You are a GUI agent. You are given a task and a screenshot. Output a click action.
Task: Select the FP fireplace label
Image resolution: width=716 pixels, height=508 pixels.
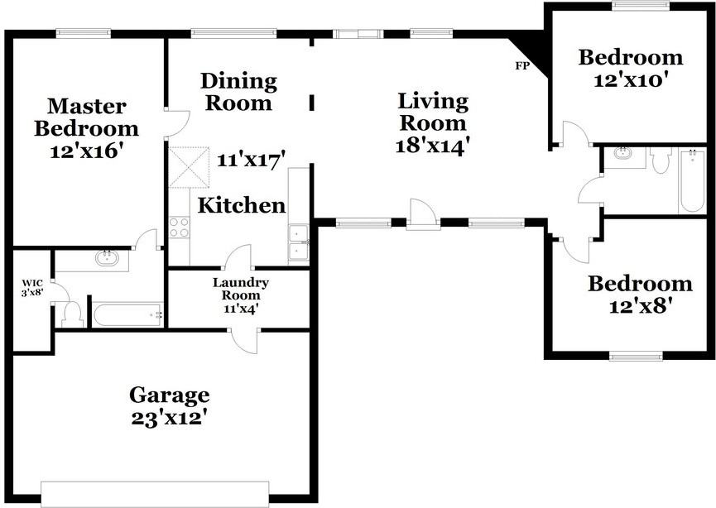tap(522, 65)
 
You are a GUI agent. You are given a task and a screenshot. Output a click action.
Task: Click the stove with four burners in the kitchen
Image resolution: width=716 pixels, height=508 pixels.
tap(180, 227)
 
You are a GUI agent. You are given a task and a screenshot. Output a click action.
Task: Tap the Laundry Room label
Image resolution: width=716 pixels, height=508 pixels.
tap(241, 288)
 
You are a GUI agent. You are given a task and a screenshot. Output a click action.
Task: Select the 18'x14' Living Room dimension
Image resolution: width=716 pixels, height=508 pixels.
tap(433, 144)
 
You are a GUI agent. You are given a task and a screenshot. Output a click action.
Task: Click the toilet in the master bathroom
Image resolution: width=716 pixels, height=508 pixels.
tap(72, 314)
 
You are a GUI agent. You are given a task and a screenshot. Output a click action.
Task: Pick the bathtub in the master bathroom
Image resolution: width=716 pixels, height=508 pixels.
tap(126, 314)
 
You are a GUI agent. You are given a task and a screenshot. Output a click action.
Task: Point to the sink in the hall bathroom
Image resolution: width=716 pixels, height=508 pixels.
tap(623, 156)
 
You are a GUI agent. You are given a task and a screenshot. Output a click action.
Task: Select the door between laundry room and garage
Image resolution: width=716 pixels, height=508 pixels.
tap(246, 340)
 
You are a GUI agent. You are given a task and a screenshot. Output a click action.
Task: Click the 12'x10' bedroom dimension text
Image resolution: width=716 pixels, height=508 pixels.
tap(631, 81)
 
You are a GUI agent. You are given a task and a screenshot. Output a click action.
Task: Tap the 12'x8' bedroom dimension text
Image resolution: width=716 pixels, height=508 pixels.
tap(640, 307)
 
